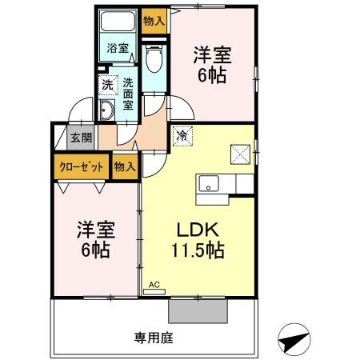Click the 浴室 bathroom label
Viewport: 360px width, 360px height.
[x=118, y=48]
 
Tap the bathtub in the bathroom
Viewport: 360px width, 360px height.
[x=118, y=22]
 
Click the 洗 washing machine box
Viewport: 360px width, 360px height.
[x=106, y=82]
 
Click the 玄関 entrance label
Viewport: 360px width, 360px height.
[x=81, y=137]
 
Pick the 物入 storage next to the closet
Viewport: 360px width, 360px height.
[x=124, y=167]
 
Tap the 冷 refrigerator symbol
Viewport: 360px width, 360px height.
[x=182, y=136]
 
